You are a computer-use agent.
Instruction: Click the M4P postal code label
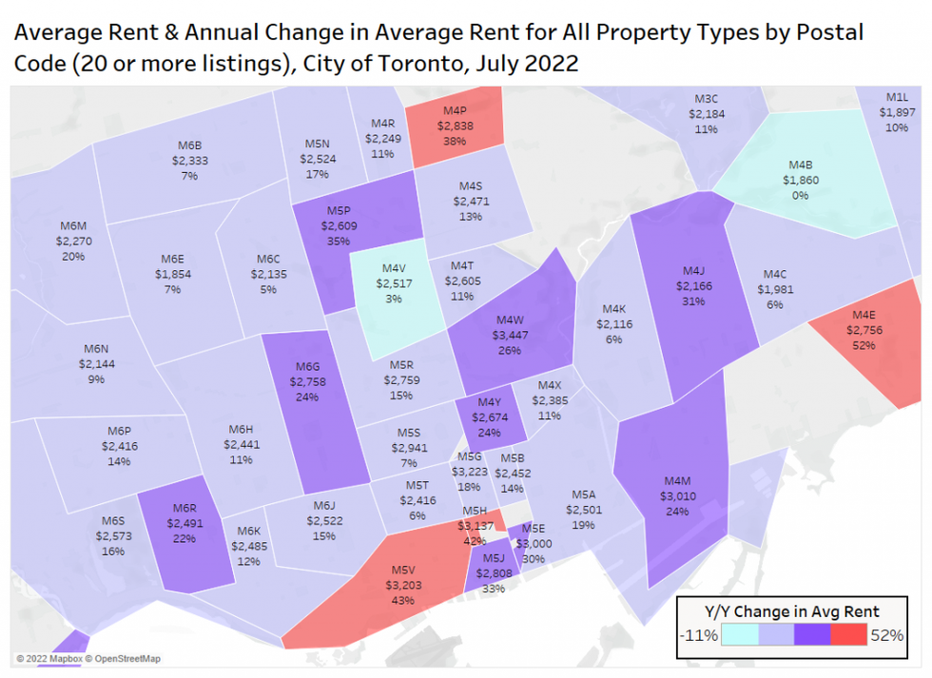(453, 109)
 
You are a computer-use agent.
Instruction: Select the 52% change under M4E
(864, 345)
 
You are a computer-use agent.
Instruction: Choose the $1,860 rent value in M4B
(800, 180)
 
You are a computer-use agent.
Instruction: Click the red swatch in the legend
(848, 634)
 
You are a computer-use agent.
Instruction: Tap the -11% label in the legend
(700, 635)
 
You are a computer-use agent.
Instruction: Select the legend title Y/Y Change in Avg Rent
(791, 611)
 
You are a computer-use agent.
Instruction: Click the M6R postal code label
(184, 507)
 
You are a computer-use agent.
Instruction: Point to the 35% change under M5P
(339, 242)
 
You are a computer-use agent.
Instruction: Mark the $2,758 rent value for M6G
(307, 381)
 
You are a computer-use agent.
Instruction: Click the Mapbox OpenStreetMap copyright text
(87, 658)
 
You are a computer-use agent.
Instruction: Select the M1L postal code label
(897, 97)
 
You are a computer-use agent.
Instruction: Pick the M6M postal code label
(73, 226)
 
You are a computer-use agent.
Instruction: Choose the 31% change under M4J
(692, 301)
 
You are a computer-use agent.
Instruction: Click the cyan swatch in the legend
(739, 634)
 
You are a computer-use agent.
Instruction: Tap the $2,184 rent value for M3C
(706, 113)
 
